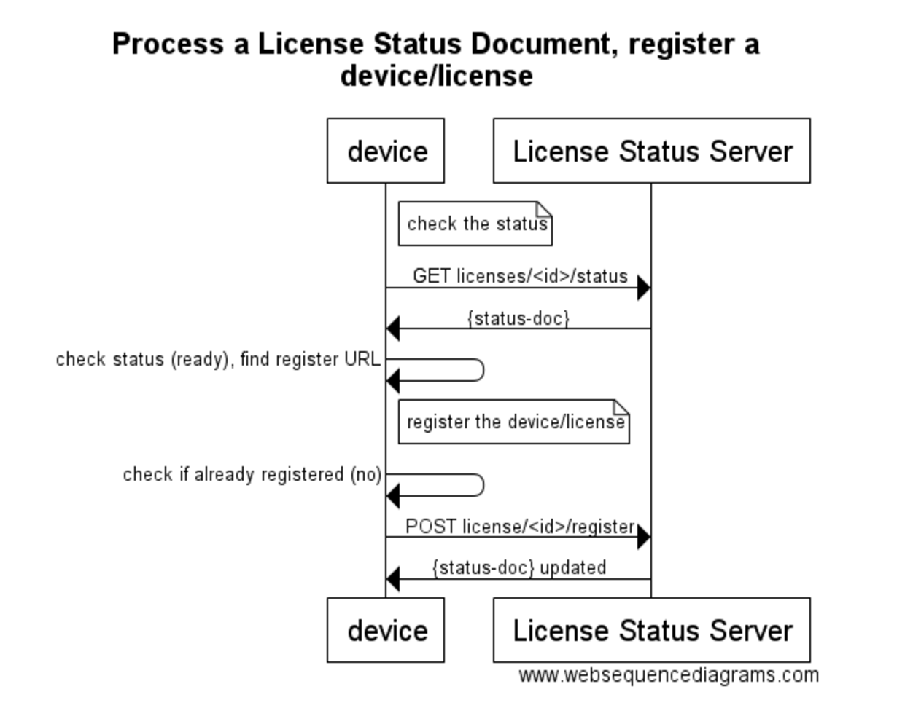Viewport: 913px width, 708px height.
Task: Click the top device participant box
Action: coord(385,151)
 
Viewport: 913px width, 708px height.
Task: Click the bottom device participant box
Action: coord(385,630)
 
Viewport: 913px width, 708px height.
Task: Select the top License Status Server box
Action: coord(651,151)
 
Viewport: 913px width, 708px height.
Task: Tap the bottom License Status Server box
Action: coord(651,630)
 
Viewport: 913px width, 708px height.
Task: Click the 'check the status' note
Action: coord(475,224)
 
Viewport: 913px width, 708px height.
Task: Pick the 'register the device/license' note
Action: coord(513,422)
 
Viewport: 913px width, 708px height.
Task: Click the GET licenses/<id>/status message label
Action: coord(520,276)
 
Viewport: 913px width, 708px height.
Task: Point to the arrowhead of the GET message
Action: coord(643,288)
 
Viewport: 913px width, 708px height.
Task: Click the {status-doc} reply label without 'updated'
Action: coord(518,318)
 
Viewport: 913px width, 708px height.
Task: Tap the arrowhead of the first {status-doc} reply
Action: coord(393,329)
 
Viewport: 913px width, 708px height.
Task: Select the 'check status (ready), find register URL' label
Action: coord(217,359)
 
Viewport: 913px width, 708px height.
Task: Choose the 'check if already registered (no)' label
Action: coord(252,474)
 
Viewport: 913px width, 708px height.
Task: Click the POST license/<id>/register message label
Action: coord(520,526)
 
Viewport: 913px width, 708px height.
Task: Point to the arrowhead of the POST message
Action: coord(643,538)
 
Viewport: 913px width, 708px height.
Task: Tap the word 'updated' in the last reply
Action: coord(572,567)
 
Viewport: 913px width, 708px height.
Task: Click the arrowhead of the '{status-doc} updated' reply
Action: coord(393,579)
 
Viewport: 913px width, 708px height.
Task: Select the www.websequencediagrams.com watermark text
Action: coord(669,675)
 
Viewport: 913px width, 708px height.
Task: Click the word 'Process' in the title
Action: coord(168,44)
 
